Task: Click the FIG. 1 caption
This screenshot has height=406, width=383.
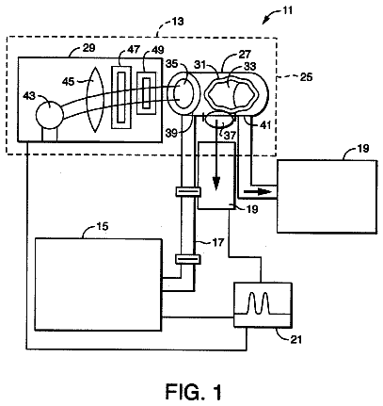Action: (193, 392)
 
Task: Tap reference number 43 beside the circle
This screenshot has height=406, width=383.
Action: (29, 97)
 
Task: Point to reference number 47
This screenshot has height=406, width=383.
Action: (134, 50)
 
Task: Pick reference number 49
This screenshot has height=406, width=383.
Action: (158, 50)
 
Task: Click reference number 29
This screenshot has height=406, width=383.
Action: (89, 48)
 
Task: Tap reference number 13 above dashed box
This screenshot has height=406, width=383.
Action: (178, 22)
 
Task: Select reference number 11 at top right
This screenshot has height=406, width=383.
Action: (287, 10)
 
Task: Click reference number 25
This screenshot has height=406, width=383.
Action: (306, 77)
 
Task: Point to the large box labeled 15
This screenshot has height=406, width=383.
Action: (99, 284)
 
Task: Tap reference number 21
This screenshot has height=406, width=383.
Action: (295, 339)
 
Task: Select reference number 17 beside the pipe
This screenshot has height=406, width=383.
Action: (217, 242)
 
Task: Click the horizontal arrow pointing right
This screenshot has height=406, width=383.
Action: (257, 191)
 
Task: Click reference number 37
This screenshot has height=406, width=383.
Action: (230, 135)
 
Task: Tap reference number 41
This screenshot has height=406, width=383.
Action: (264, 125)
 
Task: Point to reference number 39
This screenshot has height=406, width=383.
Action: (172, 134)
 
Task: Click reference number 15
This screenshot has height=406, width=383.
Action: (102, 226)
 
